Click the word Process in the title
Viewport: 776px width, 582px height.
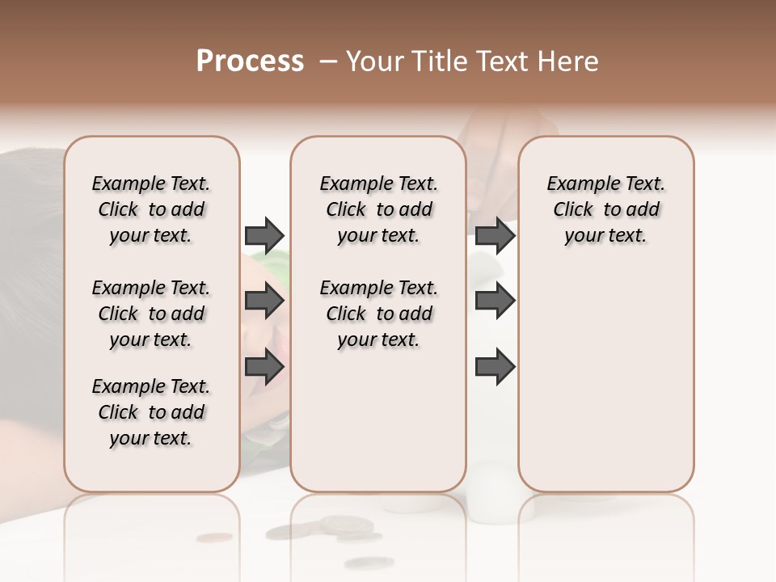[250, 61]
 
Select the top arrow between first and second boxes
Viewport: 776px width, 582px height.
[264, 235]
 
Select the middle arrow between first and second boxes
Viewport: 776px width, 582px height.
[264, 302]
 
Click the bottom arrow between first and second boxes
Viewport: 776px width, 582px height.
[264, 367]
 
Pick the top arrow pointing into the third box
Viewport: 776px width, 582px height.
[495, 235]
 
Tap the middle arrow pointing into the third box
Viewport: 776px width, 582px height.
[495, 302]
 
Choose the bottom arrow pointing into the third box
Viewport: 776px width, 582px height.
[495, 367]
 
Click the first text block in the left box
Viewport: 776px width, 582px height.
[151, 209]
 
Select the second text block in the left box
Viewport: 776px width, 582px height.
[151, 314]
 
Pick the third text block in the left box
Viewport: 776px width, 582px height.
[151, 412]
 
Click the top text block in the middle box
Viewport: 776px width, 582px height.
[378, 209]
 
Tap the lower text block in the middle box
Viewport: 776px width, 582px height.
[378, 314]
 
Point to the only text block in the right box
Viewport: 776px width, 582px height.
[605, 209]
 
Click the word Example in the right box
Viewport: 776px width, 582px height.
[577, 184]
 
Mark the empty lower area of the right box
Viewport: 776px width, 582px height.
[605, 380]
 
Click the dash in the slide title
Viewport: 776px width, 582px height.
[328, 61]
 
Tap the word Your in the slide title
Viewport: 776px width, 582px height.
[373, 61]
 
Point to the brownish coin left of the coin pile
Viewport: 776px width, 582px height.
[213, 537]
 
